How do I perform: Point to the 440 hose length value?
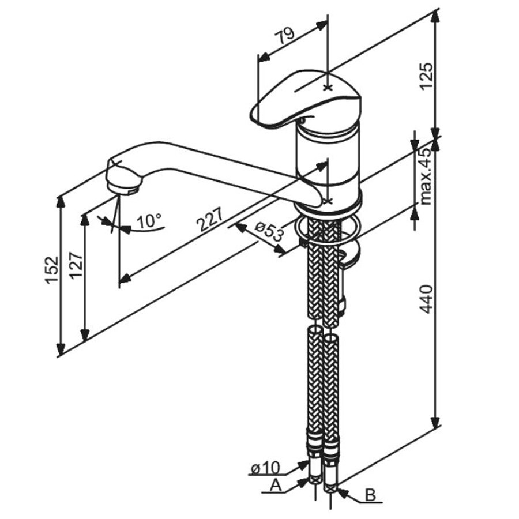425,299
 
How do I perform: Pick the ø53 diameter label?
269,231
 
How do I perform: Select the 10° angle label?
149,220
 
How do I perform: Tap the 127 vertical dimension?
76,266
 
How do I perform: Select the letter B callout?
371,495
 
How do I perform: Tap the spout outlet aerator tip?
123,183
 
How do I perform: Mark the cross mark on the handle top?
328,88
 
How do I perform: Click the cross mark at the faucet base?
328,201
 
